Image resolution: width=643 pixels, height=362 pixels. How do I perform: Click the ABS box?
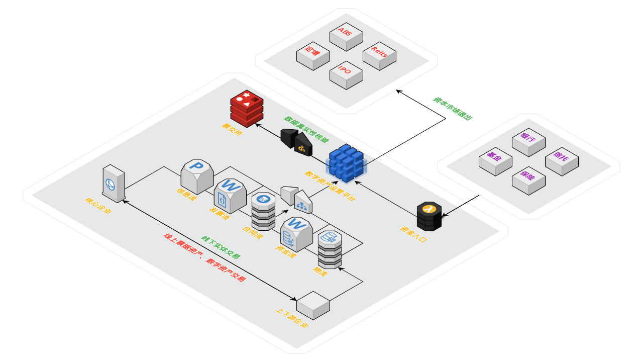coord(346,36)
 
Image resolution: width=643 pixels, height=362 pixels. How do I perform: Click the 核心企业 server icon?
coord(114,184)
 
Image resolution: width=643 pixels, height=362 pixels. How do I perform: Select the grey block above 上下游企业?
coord(313,305)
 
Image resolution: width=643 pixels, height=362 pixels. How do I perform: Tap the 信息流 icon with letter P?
coord(197,176)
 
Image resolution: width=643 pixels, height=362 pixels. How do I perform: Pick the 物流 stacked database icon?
coord(330,249)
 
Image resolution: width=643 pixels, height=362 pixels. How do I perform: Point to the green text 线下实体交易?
coord(221,247)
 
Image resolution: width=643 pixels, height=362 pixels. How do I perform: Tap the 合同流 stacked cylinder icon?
coord(263,211)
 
